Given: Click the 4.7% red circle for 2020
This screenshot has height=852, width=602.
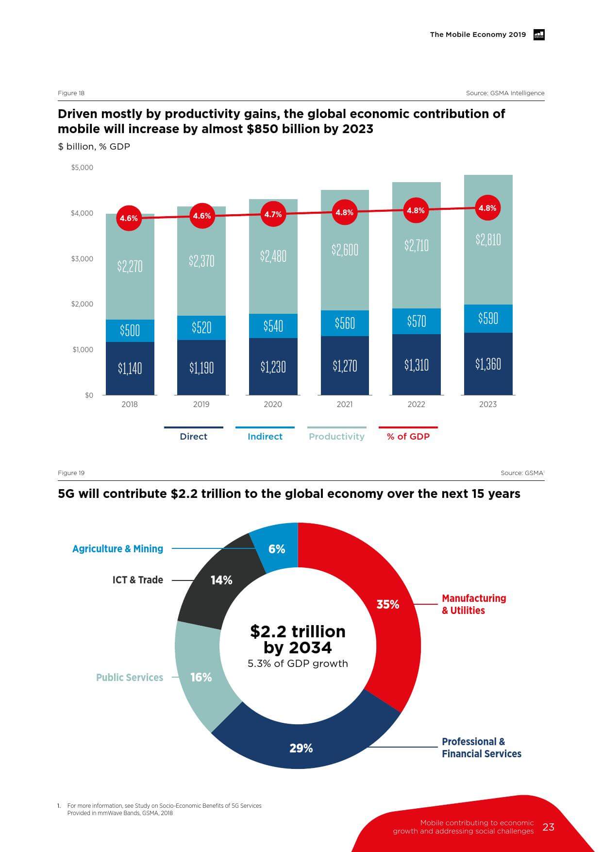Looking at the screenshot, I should pos(273,214).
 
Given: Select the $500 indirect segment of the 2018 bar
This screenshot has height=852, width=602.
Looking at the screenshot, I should pos(130,330).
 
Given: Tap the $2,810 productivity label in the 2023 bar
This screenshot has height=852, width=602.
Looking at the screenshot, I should pos(488,239).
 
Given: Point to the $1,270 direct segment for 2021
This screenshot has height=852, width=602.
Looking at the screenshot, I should pos(345,365).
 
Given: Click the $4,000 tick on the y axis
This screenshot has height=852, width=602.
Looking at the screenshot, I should pos(82,213).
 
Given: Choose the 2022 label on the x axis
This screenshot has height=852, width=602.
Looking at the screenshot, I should pos(416,404).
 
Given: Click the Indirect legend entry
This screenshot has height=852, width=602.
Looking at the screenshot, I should pos(265,436).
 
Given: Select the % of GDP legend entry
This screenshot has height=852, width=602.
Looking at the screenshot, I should pos(408,436).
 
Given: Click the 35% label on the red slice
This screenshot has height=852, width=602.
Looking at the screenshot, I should pos(388,604).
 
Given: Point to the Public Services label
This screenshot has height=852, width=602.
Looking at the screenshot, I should pos(130,677).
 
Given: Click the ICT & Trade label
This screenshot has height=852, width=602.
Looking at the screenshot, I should pos(138,580).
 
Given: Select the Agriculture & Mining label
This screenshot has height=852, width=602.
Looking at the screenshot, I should pos(117,549).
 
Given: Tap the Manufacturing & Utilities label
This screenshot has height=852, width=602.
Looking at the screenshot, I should pos(474,604).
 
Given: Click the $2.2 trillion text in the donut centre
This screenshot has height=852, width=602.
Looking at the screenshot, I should pos(298,631).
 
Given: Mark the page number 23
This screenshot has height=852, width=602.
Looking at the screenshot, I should pos(548,827).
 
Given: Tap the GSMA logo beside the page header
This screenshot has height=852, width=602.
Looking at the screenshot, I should pos(539,34).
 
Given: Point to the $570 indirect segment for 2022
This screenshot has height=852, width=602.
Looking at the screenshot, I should pos(416,321).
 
